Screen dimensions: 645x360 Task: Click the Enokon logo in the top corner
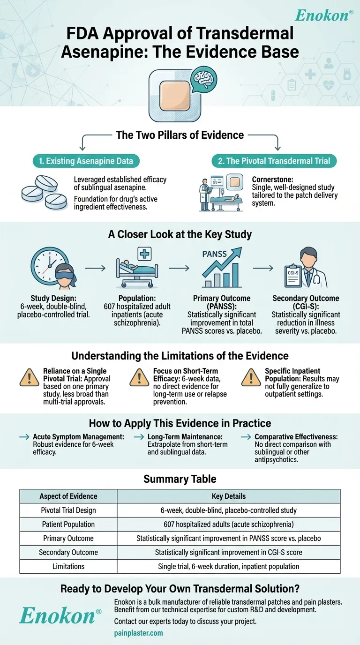pyautogui.click(x=324, y=15)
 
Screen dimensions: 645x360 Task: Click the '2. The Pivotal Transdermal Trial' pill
pyautogui.click(x=274, y=161)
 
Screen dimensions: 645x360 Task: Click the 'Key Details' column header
pyautogui.click(x=228, y=496)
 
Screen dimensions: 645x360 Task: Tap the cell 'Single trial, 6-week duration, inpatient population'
pyautogui.click(x=228, y=566)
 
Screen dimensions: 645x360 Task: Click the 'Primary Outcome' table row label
pyautogui.click(x=68, y=538)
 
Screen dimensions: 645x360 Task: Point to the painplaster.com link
pyautogui.click(x=138, y=632)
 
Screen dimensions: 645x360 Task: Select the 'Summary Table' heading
pyautogui.click(x=180, y=479)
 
